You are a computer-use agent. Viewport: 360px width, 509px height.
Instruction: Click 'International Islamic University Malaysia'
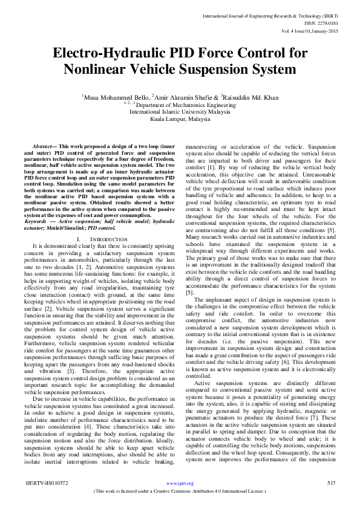tap(180, 112)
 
